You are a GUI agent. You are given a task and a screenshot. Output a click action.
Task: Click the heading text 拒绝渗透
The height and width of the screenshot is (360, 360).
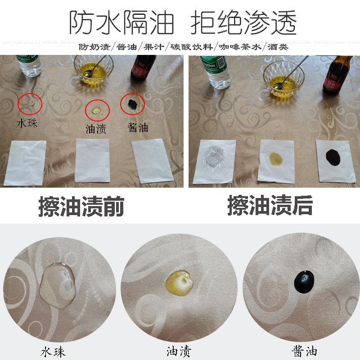243,22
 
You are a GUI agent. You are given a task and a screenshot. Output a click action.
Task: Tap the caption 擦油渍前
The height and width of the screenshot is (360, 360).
81,207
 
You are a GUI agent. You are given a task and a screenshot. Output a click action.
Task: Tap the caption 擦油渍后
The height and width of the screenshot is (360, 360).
270,207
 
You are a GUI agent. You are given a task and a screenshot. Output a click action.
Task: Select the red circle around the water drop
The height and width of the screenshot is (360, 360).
30,104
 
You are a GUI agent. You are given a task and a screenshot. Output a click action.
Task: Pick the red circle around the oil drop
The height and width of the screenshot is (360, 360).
98,109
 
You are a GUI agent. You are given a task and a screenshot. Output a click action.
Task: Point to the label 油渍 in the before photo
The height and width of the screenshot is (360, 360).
96,130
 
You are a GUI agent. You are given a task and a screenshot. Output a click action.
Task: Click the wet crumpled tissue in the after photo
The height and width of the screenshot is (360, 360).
215,161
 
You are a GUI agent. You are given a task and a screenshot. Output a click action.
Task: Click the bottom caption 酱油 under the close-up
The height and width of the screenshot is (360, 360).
305,351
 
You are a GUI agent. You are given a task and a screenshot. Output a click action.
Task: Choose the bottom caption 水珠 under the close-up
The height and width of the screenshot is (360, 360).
53,351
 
